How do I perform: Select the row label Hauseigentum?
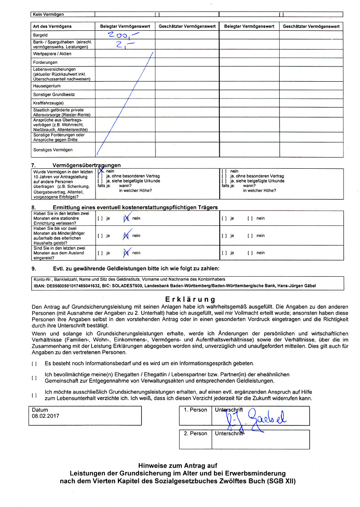click(46, 86)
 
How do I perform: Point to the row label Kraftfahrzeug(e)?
click(49, 103)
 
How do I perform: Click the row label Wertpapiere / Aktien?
click(52, 54)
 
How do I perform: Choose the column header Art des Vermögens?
click(52, 26)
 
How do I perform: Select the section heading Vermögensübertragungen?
click(86, 166)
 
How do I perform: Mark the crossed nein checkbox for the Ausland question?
click(126, 253)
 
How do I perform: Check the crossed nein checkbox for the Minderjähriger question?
click(126, 236)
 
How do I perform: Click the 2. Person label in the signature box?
click(196, 433)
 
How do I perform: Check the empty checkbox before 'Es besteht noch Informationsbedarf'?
click(34, 363)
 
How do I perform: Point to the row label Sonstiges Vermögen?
click(53, 150)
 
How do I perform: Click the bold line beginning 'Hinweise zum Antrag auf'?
click(177, 465)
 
